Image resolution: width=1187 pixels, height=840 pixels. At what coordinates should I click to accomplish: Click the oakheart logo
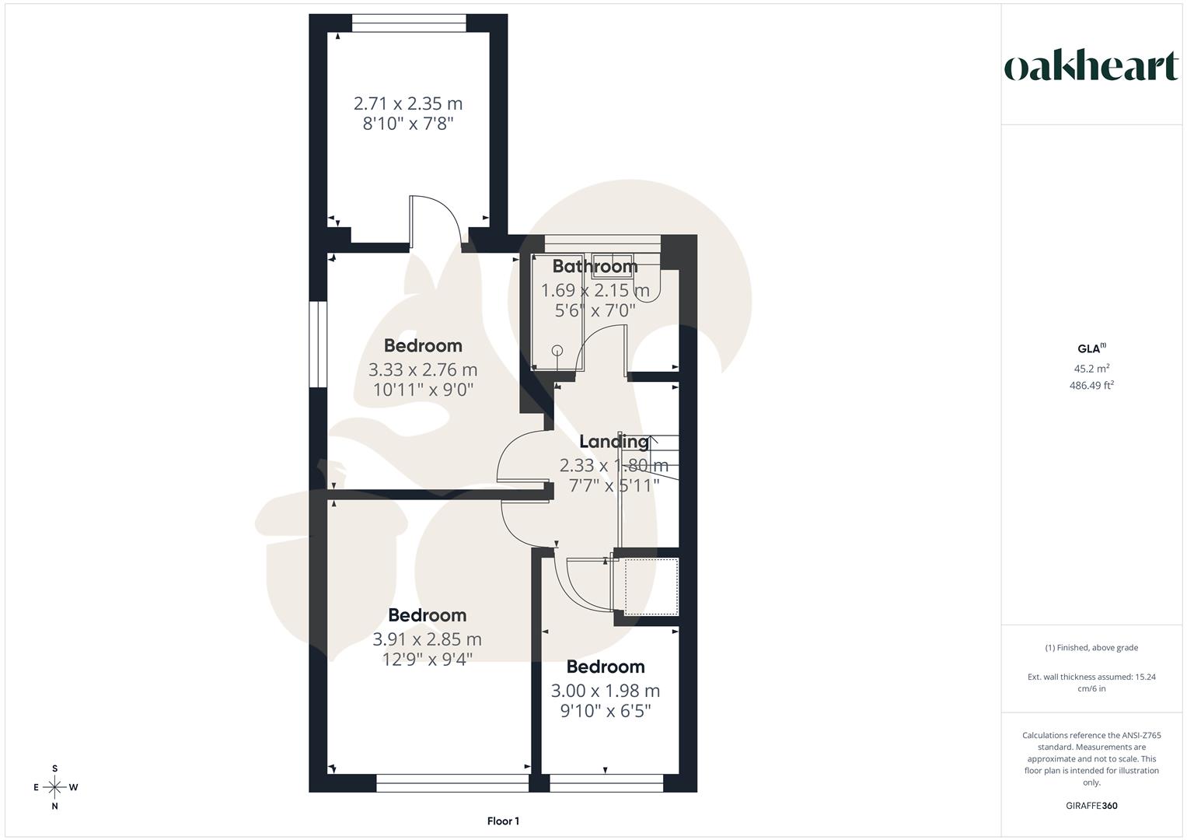(1091, 68)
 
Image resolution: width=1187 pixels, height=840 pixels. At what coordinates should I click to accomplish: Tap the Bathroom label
(595, 267)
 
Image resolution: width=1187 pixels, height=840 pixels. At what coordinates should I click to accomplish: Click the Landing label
(613, 442)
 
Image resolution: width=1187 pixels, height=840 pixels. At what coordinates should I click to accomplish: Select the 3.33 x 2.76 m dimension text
(423, 369)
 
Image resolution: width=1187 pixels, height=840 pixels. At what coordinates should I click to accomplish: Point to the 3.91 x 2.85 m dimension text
(427, 639)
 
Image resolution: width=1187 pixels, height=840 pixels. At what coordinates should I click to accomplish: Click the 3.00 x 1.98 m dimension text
(605, 691)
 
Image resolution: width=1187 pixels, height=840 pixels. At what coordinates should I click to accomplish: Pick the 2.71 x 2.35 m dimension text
(408, 103)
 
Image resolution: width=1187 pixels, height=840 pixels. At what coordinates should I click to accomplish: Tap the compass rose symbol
(54, 787)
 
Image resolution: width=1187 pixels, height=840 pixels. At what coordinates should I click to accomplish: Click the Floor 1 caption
(503, 821)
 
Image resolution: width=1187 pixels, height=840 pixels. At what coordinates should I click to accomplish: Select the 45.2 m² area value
(1091, 369)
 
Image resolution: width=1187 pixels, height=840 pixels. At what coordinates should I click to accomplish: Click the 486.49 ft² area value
(1091, 385)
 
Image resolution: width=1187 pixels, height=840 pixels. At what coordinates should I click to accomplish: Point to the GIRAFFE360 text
(1091, 806)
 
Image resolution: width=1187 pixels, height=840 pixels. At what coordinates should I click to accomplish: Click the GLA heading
(1090, 349)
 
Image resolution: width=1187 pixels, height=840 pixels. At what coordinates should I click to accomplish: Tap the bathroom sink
(613, 261)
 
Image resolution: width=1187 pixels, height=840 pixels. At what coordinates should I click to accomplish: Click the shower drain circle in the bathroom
(557, 350)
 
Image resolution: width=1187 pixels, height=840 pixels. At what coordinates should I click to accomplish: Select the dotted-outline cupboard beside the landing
(651, 586)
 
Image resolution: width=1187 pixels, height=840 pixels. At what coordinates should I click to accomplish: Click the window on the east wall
(317, 344)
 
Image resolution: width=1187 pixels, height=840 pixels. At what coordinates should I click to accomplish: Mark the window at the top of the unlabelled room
(409, 23)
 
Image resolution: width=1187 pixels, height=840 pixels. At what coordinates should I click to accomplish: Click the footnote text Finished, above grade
(1091, 648)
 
